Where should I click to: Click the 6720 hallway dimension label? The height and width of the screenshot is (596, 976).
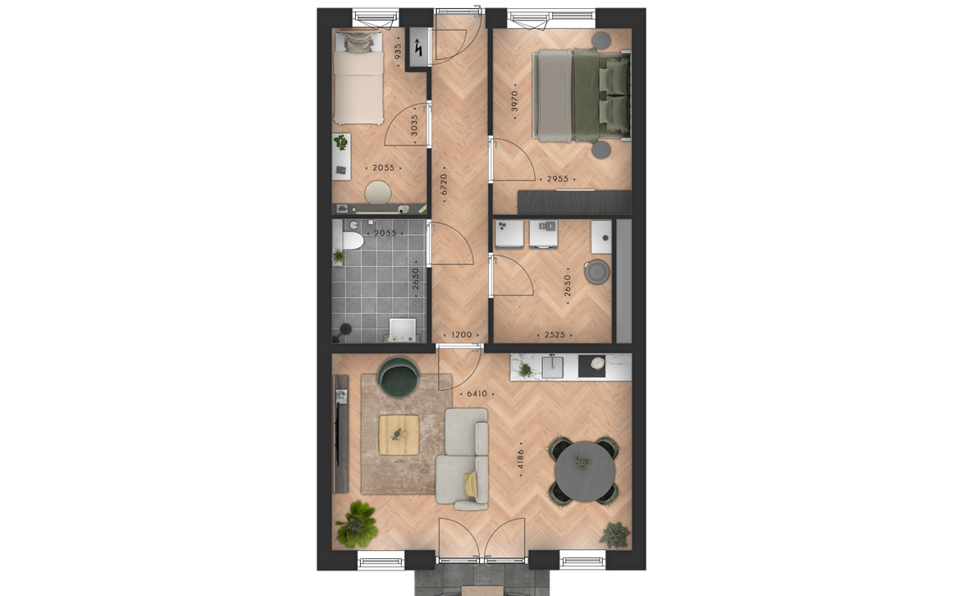[x=443, y=184]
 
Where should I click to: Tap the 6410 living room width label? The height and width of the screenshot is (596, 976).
[x=477, y=393]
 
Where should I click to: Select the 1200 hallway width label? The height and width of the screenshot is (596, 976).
[x=461, y=335]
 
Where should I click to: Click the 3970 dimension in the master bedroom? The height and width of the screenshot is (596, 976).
[x=514, y=102]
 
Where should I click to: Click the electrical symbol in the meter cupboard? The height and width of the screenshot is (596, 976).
[x=418, y=48]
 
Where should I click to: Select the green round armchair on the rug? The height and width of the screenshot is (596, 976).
[x=399, y=376]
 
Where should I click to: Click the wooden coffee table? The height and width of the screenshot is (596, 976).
[x=399, y=435]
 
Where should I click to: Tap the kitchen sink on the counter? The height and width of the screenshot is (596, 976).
[x=553, y=367]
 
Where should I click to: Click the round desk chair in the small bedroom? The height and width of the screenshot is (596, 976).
[x=378, y=192]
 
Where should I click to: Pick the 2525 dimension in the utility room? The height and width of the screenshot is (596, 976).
[x=554, y=335]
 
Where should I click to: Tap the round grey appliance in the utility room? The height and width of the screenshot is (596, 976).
[x=596, y=273]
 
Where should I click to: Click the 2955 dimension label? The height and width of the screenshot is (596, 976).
[x=557, y=179]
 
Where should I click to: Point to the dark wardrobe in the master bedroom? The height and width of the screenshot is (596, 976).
[x=574, y=203]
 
